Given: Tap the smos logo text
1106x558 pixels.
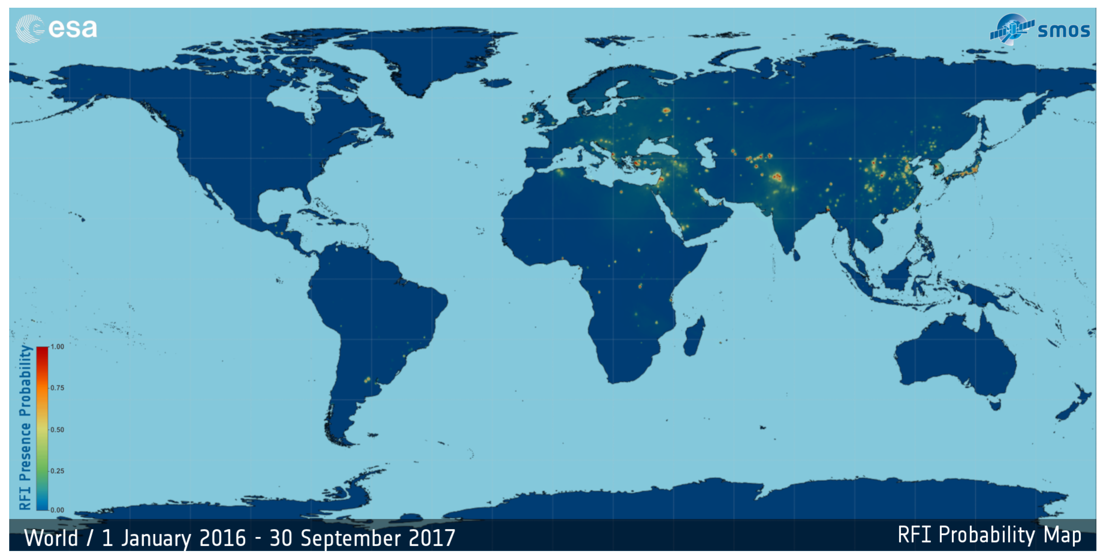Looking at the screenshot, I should [x=1064, y=31].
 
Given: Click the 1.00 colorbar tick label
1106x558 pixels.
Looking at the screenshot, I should [x=57, y=347].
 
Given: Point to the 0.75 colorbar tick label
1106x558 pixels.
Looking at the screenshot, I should [x=57, y=388].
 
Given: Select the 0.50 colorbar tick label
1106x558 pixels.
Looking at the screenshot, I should [x=57, y=430].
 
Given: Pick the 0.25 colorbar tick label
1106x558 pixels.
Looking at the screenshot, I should [x=57, y=471].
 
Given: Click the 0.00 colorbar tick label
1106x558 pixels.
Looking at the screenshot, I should [x=57, y=510].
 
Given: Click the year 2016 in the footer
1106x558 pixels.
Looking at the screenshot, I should [x=222, y=538].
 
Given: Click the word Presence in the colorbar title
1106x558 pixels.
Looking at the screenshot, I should [x=25, y=452].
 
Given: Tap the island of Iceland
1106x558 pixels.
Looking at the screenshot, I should [x=496, y=82].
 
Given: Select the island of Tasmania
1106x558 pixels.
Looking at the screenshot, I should [x=995, y=404].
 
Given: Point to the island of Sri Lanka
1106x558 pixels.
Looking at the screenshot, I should [x=796, y=256].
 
